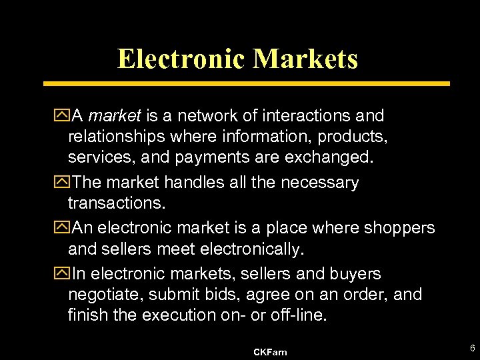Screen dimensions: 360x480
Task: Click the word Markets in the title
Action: [x=305, y=59]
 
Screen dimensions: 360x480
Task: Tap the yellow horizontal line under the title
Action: [x=247, y=84]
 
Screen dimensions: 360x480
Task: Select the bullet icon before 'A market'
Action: [x=64, y=116]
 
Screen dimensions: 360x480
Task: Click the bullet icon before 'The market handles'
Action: [x=64, y=183]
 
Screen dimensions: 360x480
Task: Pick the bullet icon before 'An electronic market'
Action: [x=64, y=228]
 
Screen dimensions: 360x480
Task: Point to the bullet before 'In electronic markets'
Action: [x=64, y=274]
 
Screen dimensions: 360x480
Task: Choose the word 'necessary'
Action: [x=323, y=183]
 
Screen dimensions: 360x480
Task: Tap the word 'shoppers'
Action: [x=399, y=228]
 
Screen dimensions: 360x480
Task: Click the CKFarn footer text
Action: [x=270, y=352]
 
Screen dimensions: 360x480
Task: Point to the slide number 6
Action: [x=471, y=349]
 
